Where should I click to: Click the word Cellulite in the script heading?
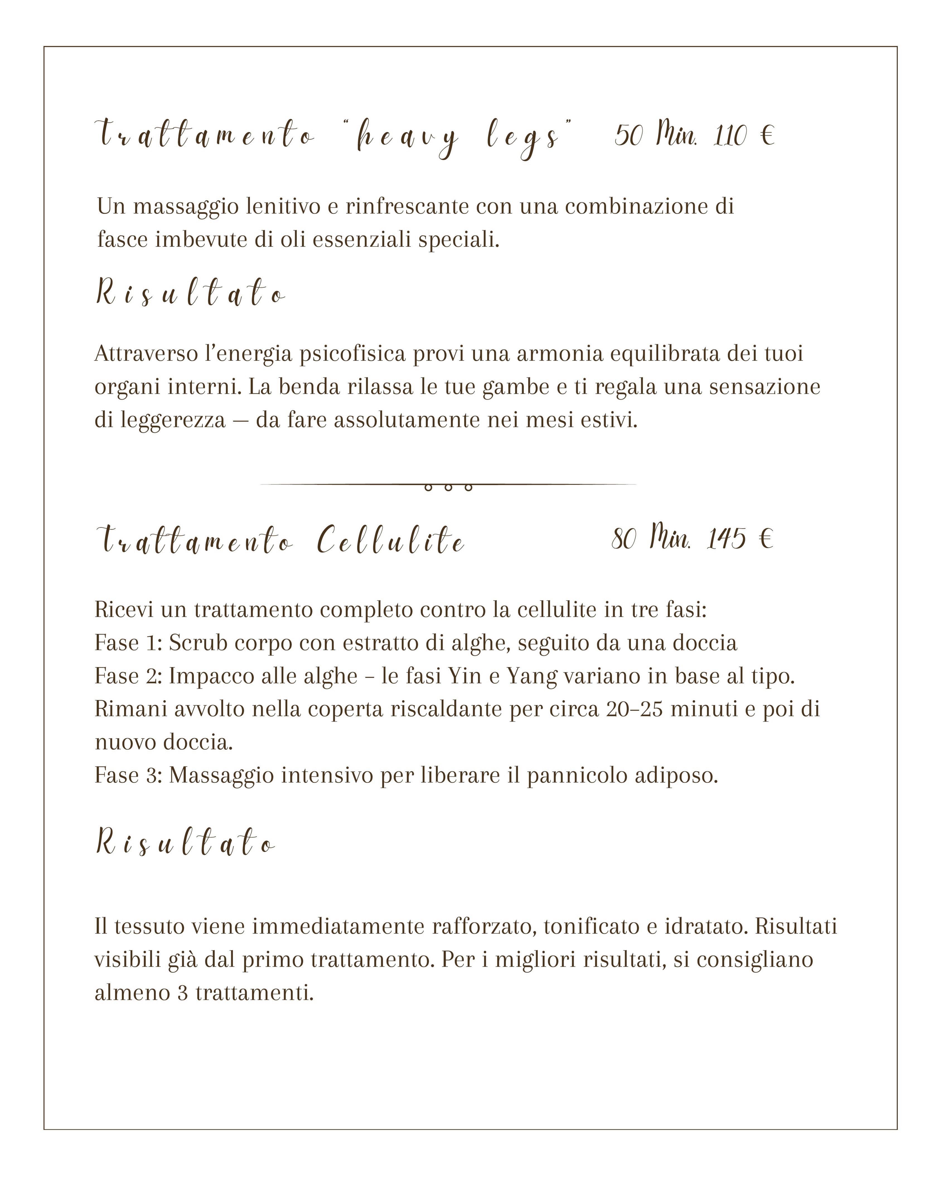[391, 541]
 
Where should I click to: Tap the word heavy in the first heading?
[407, 137]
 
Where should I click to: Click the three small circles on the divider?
[448, 487]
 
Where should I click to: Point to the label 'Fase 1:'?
[128, 643]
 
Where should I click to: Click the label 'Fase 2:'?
[128, 676]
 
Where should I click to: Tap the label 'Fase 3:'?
[128, 776]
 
